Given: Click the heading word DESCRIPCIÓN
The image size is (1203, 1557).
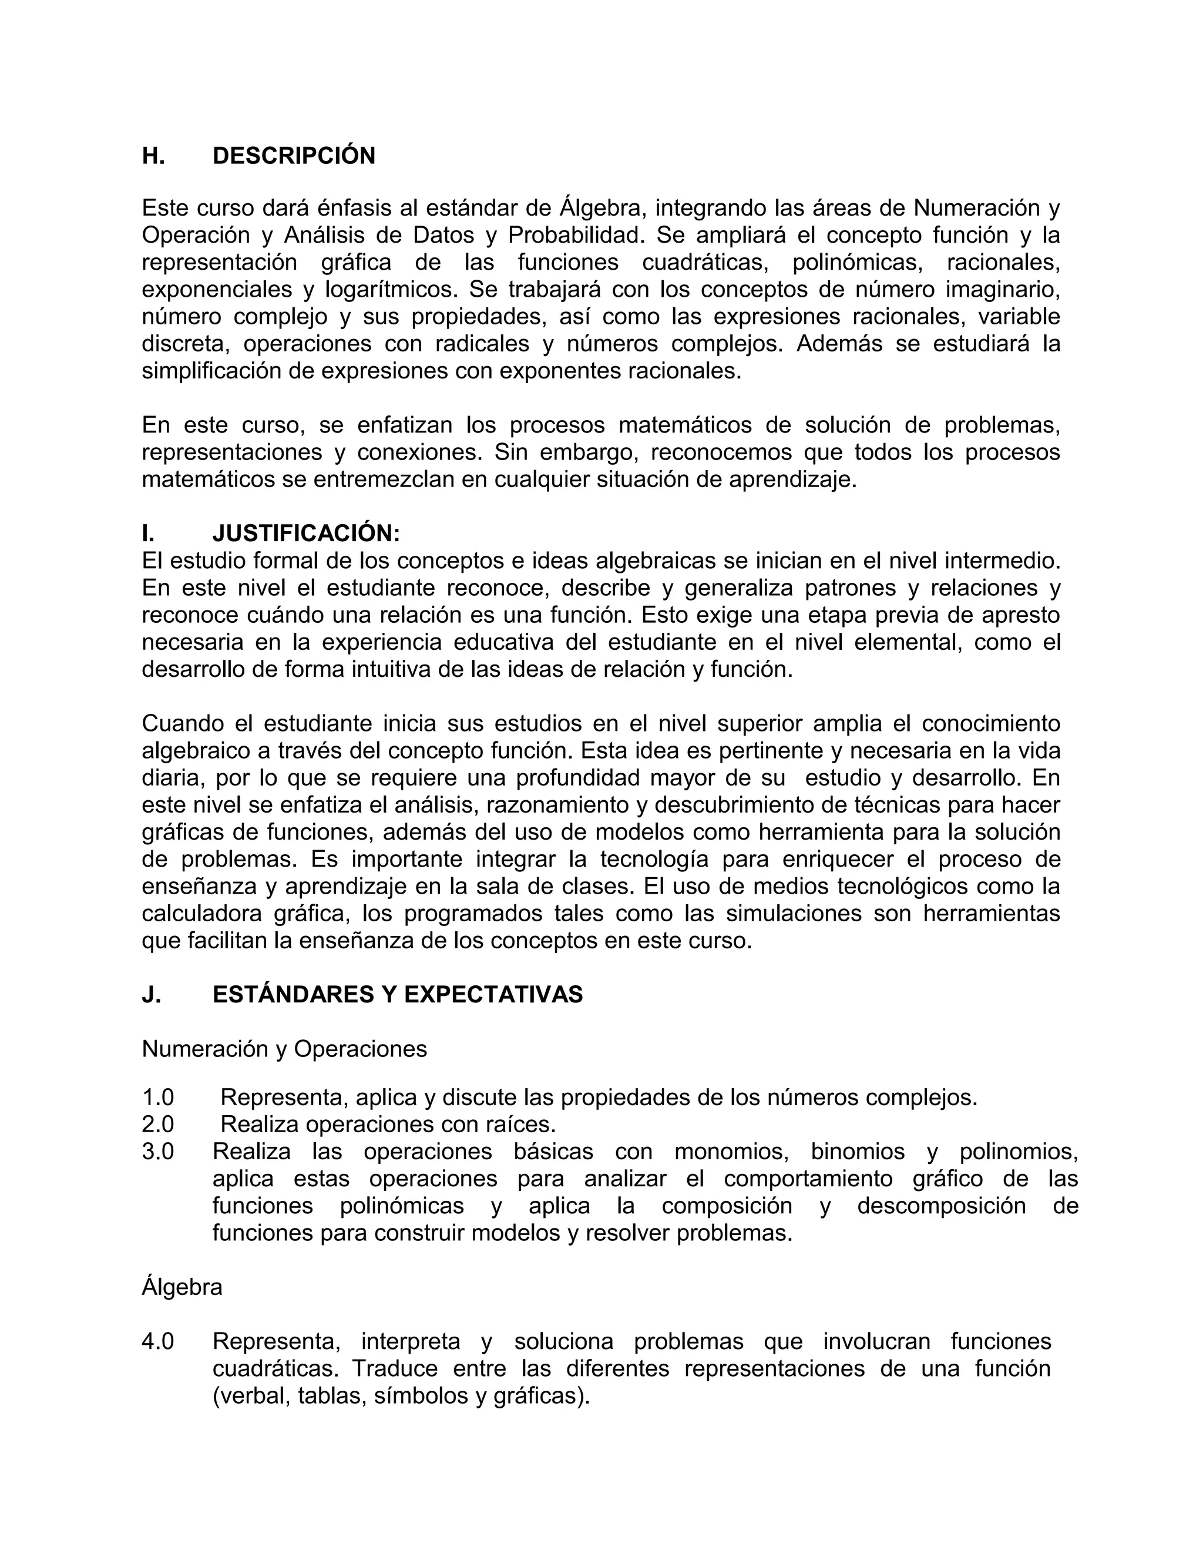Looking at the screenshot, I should coord(294,156).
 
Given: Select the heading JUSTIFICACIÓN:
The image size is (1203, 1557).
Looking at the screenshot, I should coord(307,533).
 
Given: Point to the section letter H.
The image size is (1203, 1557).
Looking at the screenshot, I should coord(153,156).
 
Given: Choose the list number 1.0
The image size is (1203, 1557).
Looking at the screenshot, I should coord(158,1097).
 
